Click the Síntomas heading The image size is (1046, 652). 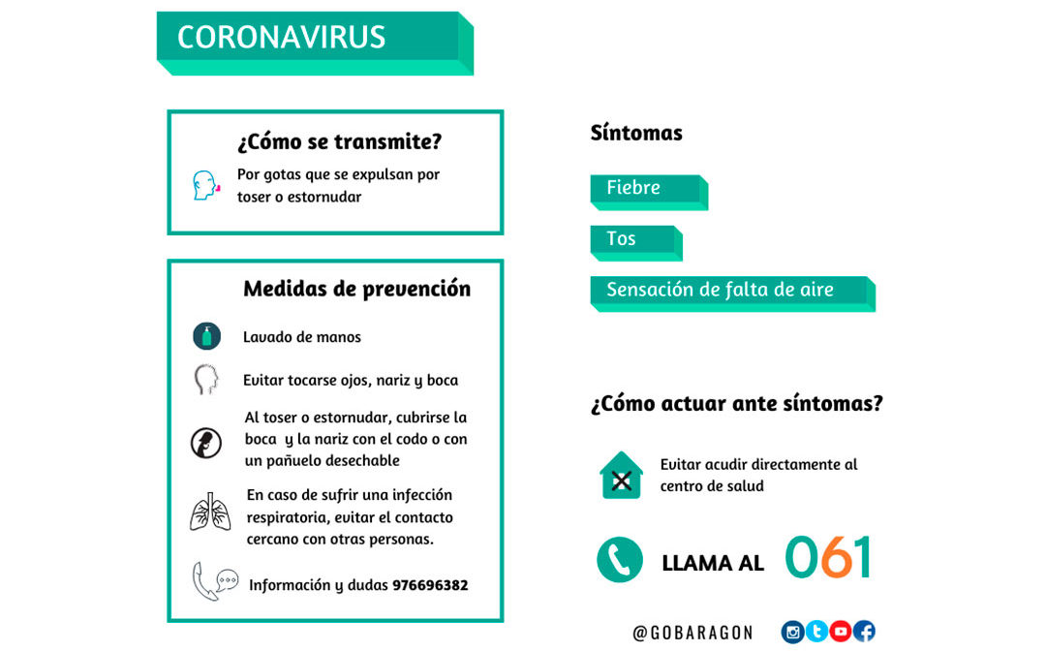[636, 134]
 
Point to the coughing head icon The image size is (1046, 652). [205, 185]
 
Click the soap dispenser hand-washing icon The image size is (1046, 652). [206, 336]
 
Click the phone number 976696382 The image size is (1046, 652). [429, 585]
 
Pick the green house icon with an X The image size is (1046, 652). [621, 476]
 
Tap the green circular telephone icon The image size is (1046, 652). [620, 559]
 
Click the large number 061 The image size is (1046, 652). [828, 557]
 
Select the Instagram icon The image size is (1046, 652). [793, 632]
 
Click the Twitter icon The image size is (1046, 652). [816, 632]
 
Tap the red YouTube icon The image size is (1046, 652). [841, 632]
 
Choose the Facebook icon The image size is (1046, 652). [864, 632]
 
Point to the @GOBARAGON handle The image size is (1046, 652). [692, 633]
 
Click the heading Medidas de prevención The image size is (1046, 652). [356, 289]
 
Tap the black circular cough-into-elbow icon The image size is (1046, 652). [206, 443]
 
